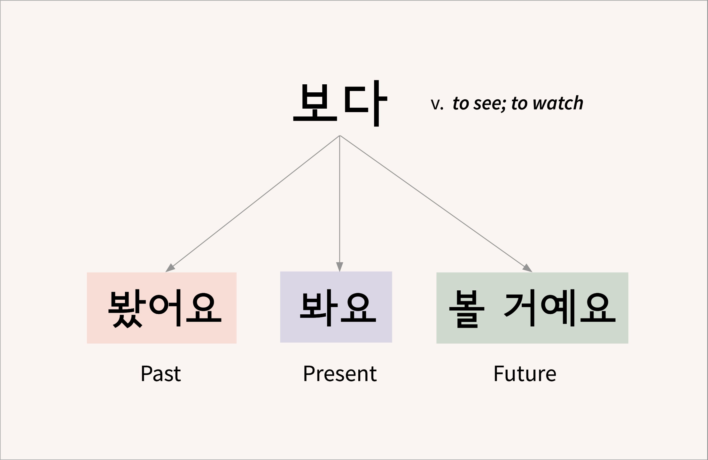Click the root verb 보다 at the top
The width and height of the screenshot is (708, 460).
[x=340, y=103]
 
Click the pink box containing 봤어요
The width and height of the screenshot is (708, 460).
[x=162, y=308]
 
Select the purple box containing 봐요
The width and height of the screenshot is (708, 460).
[x=336, y=307]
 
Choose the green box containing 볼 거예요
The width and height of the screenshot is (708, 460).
[x=532, y=308]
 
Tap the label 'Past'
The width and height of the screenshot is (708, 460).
[x=161, y=373]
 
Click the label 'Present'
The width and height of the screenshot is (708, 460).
[x=340, y=373]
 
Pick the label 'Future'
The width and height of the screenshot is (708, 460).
[x=525, y=373]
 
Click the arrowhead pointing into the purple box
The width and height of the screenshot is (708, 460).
[x=339, y=267]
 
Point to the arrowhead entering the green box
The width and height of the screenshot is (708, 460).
[x=527, y=268]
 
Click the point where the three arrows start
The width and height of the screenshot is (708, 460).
[x=339, y=135]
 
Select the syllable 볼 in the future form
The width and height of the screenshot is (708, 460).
[x=467, y=308]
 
